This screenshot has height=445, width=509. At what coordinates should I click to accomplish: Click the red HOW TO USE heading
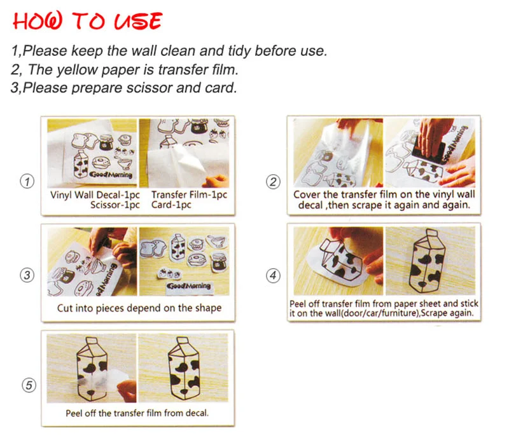[x=88, y=21]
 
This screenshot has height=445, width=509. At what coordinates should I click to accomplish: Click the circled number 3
[x=27, y=275]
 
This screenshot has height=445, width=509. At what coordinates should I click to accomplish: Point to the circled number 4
[x=273, y=275]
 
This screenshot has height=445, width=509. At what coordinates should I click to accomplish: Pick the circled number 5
[x=27, y=385]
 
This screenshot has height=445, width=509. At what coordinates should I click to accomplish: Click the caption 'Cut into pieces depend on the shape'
[x=139, y=308]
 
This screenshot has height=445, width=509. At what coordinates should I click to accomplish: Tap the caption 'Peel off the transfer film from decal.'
[x=137, y=413]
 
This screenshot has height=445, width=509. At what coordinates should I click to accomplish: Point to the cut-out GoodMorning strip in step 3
[x=189, y=286]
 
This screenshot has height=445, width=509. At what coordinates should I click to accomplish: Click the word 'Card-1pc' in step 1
[x=171, y=205]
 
